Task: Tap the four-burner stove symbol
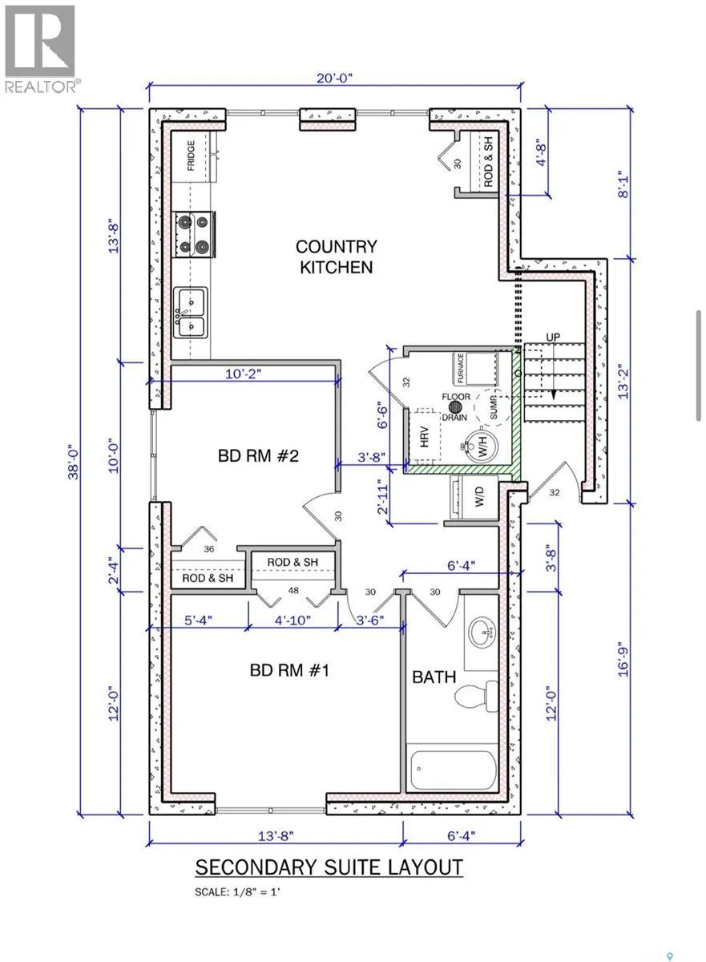coord(193,234)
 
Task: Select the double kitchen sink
coord(191,313)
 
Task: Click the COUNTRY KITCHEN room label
coord(337,257)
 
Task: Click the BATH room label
coord(434,677)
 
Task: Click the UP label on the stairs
coord(552,337)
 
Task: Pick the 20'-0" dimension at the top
coord(335,78)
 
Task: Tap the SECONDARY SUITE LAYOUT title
coord(329,867)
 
